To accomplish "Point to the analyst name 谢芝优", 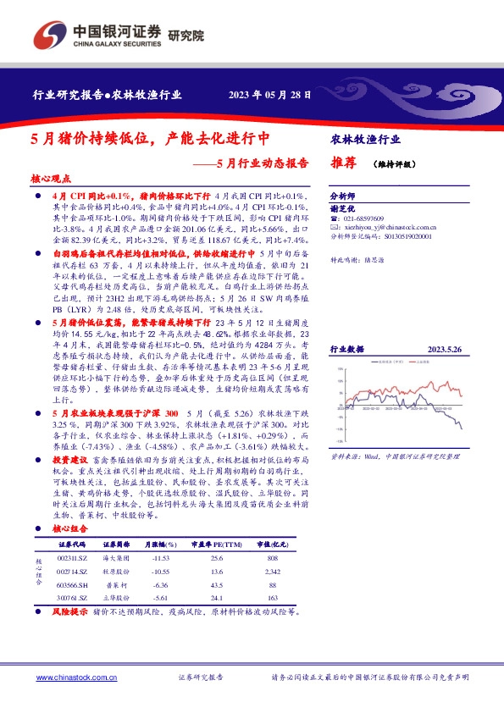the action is click(x=339, y=208).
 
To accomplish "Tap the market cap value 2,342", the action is click(x=273, y=572).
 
